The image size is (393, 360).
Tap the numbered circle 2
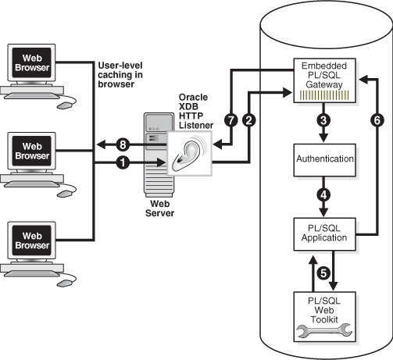click(x=248, y=120)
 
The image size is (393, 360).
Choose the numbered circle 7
click(x=230, y=120)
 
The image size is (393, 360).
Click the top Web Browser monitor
click(x=30, y=63)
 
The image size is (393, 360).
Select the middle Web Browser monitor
click(x=30, y=151)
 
